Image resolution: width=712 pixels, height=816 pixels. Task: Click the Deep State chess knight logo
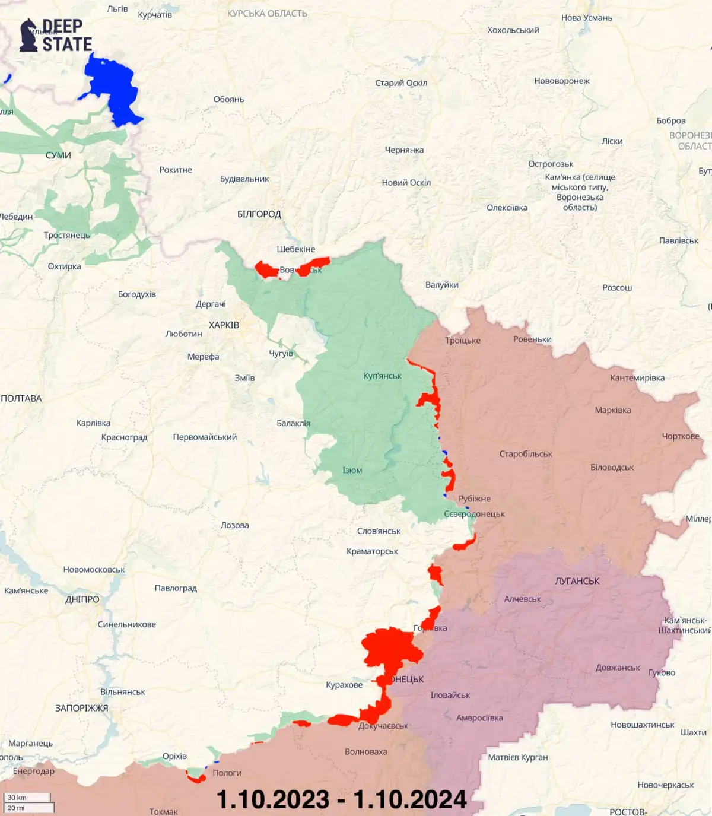(x=28, y=36)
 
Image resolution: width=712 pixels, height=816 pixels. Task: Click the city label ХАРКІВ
(x=224, y=325)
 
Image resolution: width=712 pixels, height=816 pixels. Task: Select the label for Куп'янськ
(x=382, y=376)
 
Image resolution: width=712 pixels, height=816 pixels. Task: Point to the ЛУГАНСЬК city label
(x=577, y=581)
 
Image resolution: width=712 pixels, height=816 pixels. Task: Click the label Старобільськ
(x=526, y=454)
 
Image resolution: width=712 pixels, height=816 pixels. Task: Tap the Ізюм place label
(x=352, y=470)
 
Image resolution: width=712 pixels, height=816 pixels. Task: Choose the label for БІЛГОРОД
(x=259, y=214)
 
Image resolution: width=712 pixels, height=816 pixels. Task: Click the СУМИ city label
(x=58, y=155)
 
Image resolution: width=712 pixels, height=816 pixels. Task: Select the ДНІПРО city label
(x=82, y=599)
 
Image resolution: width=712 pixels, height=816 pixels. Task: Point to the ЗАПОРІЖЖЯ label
(x=82, y=708)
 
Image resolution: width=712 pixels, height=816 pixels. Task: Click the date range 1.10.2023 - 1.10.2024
(x=342, y=799)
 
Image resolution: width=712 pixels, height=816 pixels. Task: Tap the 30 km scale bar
(x=28, y=798)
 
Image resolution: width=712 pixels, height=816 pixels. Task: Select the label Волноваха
(x=365, y=752)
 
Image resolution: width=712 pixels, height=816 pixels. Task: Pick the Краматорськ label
(x=372, y=551)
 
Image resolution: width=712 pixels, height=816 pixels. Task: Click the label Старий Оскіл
(x=401, y=83)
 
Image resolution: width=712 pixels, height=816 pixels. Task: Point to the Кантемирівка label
(x=637, y=378)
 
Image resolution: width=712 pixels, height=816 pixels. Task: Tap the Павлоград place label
(x=176, y=588)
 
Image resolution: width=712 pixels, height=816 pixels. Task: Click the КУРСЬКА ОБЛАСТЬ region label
(x=267, y=14)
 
